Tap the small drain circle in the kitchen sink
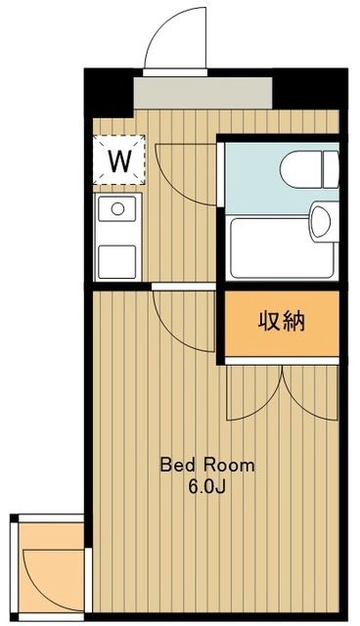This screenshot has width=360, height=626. click(117, 207)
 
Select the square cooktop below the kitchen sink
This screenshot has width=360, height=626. click(116, 260)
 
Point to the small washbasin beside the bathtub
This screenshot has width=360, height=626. click(320, 221)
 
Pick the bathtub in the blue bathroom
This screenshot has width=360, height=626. click(280, 247)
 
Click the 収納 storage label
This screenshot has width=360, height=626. click(282, 322)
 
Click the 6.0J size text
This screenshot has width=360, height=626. click(206, 485)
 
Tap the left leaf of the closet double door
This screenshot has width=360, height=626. click(253, 394)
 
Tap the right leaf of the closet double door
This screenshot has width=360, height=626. click(311, 394)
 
